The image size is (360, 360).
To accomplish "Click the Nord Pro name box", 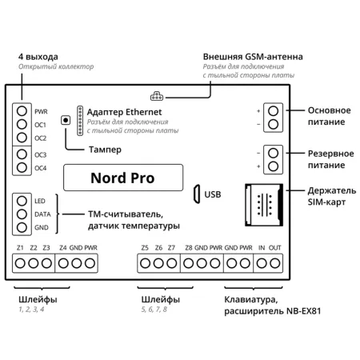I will point(122,178).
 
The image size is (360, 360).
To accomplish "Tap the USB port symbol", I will point(196,194).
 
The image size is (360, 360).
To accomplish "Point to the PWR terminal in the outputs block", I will point(21,111).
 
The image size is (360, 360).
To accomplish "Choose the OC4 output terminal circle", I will point(21,167).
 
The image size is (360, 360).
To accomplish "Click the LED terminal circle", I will point(21,201).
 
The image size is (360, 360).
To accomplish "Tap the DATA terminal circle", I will point(21,214).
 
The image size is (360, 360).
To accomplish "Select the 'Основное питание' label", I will point(329,116).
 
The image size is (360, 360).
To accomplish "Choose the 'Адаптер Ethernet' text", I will point(124,111).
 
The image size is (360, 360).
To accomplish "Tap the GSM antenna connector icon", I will point(155,92).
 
